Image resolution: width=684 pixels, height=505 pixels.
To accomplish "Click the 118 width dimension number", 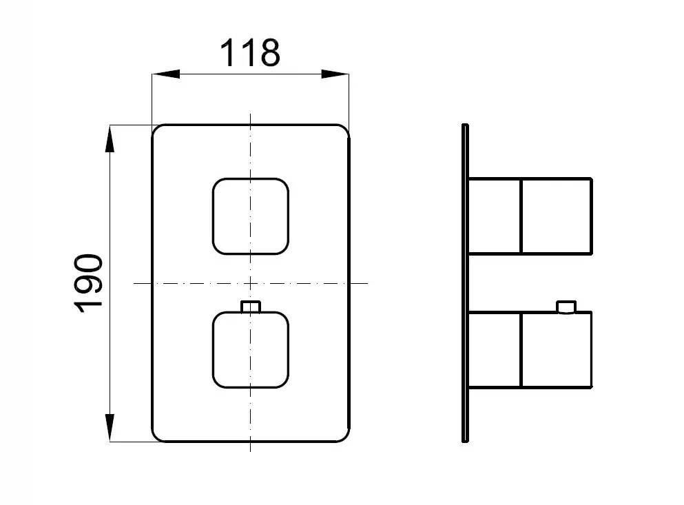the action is pos(249,53).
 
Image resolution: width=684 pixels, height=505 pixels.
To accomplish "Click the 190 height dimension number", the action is pos(89,283).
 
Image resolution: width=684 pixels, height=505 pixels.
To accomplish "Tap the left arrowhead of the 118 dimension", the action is pos(166,74).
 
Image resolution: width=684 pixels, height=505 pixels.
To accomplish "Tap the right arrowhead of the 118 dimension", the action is pos(335,74).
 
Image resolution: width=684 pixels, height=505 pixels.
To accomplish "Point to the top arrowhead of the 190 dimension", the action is pos(110,138).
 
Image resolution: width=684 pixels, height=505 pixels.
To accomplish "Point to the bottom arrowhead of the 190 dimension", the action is pos(110,428).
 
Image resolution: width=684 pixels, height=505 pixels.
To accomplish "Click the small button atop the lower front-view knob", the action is pos(251,307).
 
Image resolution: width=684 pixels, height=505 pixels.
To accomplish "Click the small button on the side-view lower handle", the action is pos(566,307).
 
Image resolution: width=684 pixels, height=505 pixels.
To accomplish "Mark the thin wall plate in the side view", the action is pos(465,283).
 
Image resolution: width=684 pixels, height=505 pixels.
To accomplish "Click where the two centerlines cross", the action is pos(251,283).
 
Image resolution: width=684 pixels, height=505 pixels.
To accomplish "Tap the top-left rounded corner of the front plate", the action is pos(156,130).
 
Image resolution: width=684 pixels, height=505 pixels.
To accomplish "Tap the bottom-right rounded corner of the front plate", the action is pos(345,437).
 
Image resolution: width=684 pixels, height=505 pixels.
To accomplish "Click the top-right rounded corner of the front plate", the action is pos(345,130).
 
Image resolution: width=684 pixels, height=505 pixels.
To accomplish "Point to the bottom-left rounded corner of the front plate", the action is pos(156,437).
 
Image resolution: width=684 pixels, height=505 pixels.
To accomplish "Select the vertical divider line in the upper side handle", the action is pos(521,216).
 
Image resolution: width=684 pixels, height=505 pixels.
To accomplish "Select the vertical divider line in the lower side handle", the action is pos(521,349).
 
